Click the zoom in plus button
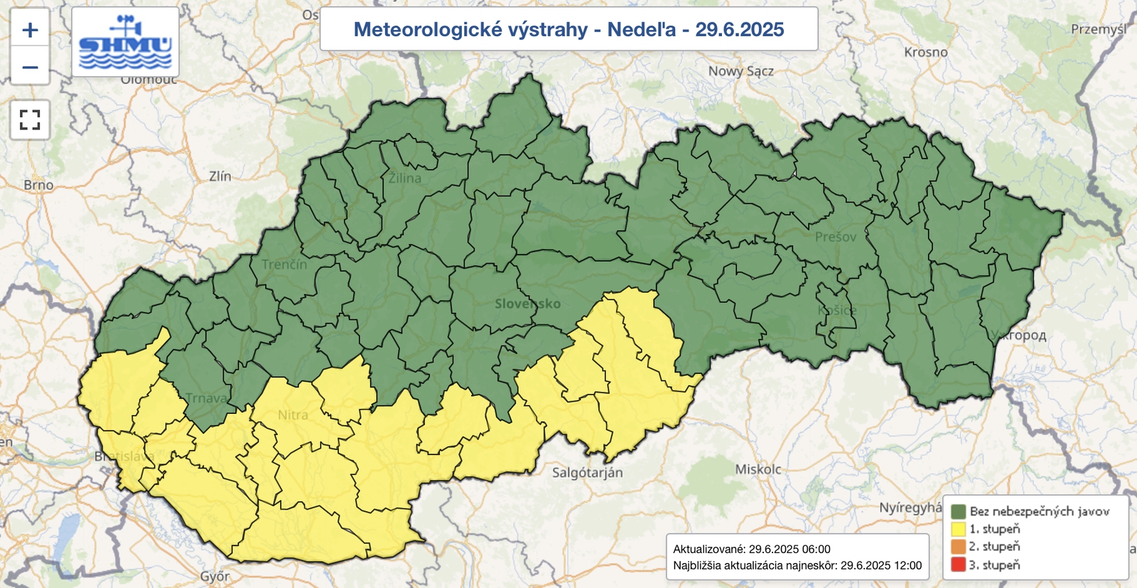coord(30,30)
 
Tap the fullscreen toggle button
coord(30,119)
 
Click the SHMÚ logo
coord(126,43)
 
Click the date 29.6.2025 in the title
coord(739,30)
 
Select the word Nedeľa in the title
coord(641,30)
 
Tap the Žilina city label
coord(404,178)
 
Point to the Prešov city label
coord(835,237)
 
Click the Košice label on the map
coord(836,311)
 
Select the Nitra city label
coord(293,415)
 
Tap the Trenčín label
coord(284,264)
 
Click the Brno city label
coord(38,185)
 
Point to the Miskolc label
coord(758,469)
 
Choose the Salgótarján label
coord(587,473)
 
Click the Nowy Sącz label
coord(740,71)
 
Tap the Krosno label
coord(925,52)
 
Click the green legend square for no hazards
coord(958,512)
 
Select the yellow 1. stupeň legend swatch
coord(958,530)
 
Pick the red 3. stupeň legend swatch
coord(958,565)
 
